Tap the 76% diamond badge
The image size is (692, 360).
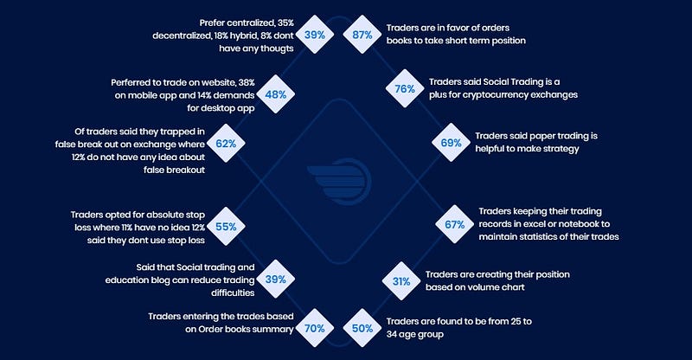click(x=405, y=88)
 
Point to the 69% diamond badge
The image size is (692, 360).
click(x=451, y=143)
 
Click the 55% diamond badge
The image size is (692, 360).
click(x=226, y=226)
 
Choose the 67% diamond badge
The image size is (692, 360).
click(x=455, y=224)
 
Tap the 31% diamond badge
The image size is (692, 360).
click(x=401, y=281)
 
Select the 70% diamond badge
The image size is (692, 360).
click(x=314, y=328)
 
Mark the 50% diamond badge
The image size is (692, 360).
click(x=362, y=328)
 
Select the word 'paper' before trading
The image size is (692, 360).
click(x=545, y=137)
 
